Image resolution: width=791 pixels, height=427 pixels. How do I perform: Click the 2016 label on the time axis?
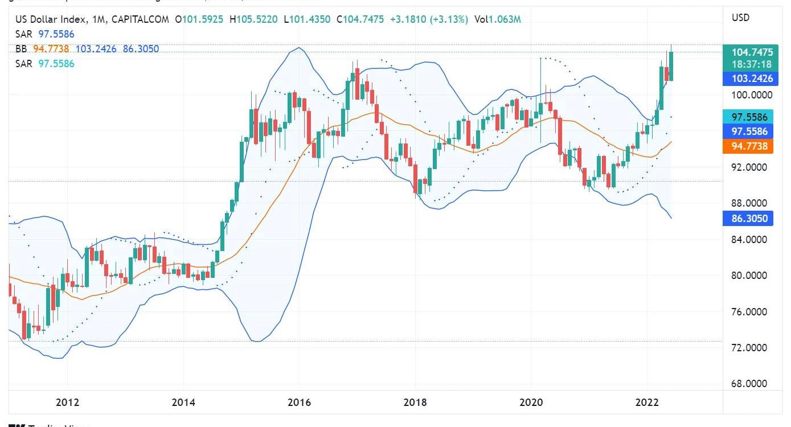[x=299, y=403]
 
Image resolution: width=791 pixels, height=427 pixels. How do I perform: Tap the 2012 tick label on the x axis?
[x=67, y=403]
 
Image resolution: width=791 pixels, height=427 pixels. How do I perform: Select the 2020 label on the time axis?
[x=531, y=403]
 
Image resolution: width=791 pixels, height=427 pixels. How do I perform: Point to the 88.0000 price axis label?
[x=748, y=203]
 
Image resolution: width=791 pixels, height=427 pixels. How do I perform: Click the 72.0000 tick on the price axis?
[x=748, y=348]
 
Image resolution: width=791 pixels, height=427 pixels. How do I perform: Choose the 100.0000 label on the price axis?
[x=748, y=95]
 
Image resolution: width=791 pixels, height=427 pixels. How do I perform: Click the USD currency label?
[x=740, y=18]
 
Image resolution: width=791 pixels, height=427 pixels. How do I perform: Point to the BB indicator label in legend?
[x=22, y=49]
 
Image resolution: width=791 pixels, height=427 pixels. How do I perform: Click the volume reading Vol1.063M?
[x=497, y=19]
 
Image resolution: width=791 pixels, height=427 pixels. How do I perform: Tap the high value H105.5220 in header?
[x=253, y=19]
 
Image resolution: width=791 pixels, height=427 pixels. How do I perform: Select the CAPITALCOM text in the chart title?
[x=140, y=19]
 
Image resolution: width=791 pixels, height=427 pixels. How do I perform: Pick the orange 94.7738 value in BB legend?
[x=51, y=49]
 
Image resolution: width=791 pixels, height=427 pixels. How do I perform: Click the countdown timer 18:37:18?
[x=752, y=64]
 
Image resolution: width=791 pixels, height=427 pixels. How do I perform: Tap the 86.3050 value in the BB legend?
[x=141, y=49]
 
